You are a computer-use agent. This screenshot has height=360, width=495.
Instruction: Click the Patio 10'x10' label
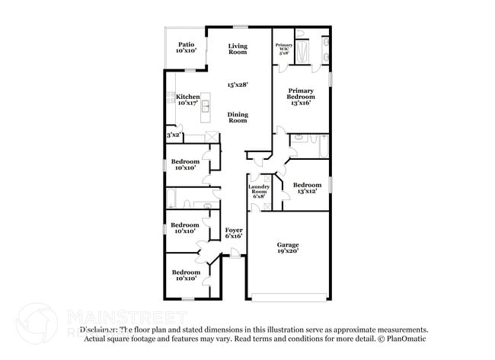[x=186, y=48]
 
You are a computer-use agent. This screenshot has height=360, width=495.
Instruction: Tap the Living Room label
[x=238, y=49]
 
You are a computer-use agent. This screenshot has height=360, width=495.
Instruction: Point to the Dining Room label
[x=238, y=117]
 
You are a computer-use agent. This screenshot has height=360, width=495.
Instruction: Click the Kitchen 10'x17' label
[x=187, y=100]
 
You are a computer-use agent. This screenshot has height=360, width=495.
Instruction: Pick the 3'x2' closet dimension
[x=174, y=135]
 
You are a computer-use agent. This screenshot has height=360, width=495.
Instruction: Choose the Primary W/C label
[x=283, y=49]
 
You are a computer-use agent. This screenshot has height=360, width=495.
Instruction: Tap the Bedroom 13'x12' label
[x=307, y=188]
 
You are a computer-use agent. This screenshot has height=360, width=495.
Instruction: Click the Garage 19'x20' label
[x=287, y=247]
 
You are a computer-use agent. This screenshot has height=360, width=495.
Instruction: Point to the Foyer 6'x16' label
[x=233, y=234]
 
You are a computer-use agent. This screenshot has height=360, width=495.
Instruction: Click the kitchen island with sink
[x=205, y=110]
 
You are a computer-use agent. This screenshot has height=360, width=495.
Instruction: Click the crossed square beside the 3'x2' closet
[x=211, y=136]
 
